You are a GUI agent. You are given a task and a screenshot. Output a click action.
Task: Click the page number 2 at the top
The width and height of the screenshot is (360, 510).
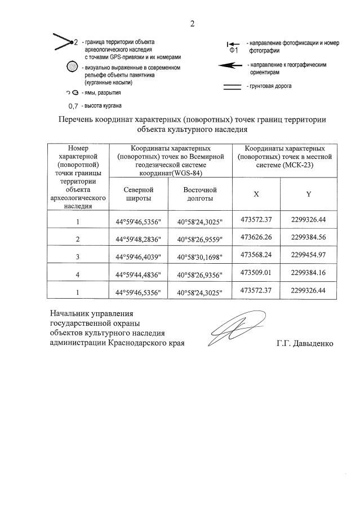192,24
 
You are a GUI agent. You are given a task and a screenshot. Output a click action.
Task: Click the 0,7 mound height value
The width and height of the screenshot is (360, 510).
72,106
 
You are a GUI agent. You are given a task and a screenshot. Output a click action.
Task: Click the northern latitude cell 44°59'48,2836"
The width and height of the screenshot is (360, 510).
138,239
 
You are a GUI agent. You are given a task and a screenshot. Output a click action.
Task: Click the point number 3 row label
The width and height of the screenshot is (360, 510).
78,257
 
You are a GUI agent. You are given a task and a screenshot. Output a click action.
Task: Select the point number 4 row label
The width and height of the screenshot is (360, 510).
78,275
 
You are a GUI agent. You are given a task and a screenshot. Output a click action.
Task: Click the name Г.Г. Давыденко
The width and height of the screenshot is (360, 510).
304,343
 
